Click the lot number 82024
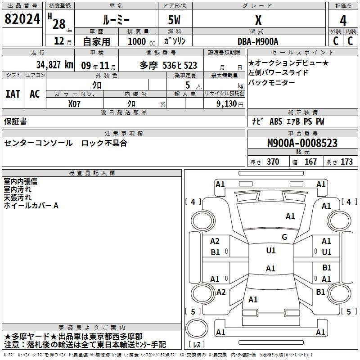point(22,19)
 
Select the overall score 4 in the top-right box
point(343,20)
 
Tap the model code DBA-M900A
point(258,41)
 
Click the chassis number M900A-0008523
point(302,144)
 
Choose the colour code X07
point(75,103)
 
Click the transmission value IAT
point(13,94)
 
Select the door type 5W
point(175,20)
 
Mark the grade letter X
point(258,20)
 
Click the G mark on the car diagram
point(284,237)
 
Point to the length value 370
point(273,162)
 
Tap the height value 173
point(346,162)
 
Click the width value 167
point(310,162)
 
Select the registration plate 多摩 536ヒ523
point(168,65)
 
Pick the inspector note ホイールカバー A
point(31,206)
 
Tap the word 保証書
point(15,121)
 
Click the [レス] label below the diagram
point(197,345)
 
